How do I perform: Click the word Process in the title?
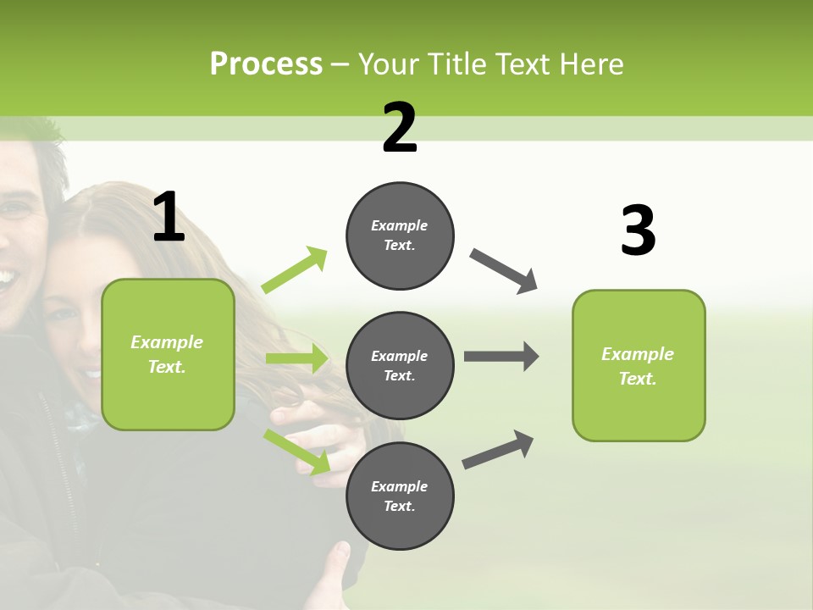(266, 64)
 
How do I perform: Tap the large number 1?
(169, 217)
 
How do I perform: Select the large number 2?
(400, 127)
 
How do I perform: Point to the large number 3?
(638, 230)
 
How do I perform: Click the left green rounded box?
(168, 354)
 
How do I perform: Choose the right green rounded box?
(639, 365)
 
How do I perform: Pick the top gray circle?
(400, 236)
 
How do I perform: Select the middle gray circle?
(400, 365)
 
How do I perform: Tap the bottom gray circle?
(400, 496)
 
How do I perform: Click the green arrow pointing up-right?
(295, 270)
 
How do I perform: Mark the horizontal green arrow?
(296, 358)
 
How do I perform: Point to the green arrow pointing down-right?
(296, 452)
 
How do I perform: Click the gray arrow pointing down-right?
(504, 271)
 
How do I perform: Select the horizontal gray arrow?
(501, 356)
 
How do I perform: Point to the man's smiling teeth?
(7, 277)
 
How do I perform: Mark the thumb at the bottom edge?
(339, 555)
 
